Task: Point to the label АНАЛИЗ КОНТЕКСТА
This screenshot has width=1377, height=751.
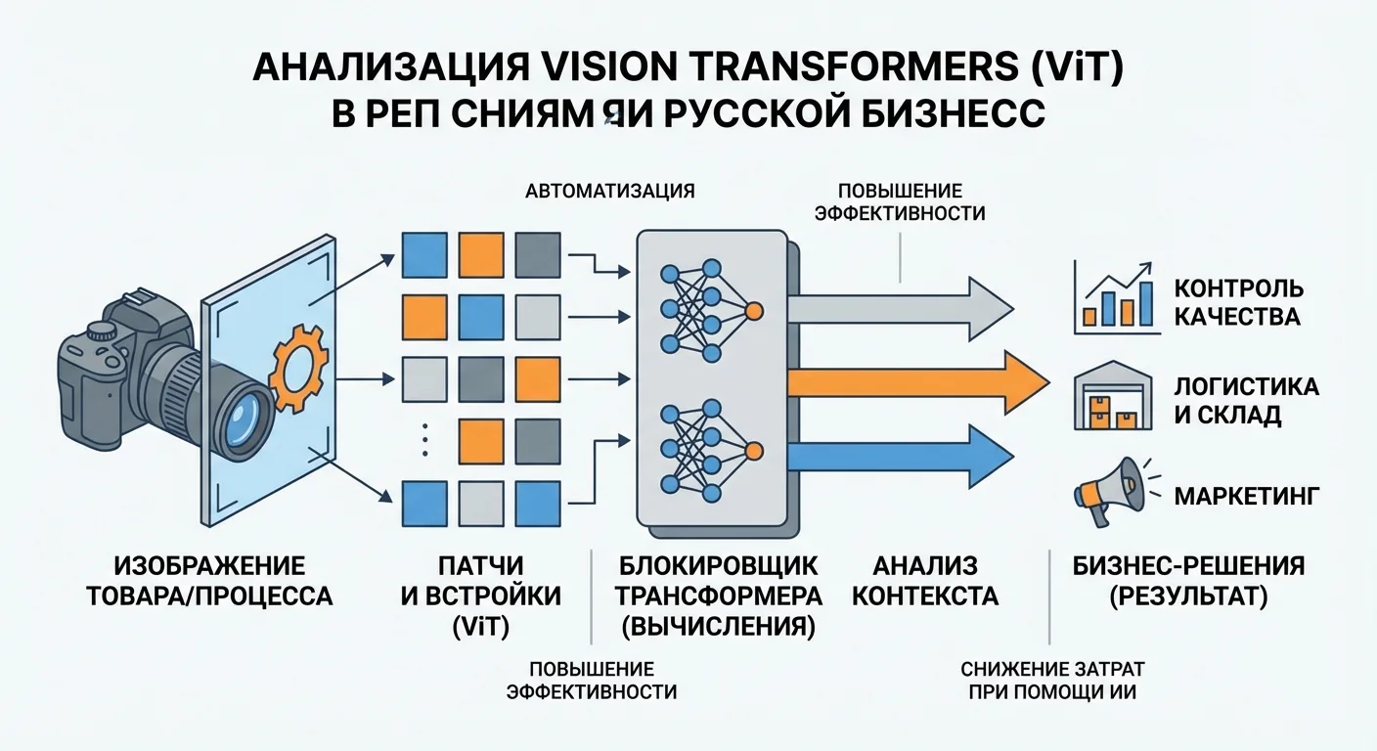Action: click(x=924, y=581)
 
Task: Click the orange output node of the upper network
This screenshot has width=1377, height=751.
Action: click(x=753, y=312)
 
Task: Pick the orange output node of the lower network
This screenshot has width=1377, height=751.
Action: click(x=753, y=451)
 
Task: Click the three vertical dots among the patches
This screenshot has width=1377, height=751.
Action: click(x=424, y=442)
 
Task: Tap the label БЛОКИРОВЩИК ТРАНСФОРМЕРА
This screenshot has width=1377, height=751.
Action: click(x=721, y=581)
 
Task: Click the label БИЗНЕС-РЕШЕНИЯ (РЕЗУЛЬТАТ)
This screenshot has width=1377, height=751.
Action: click(x=1187, y=581)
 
